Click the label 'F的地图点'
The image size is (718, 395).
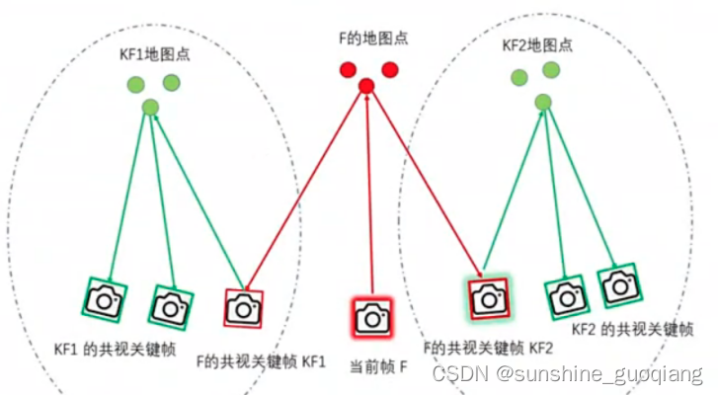tap(369, 39)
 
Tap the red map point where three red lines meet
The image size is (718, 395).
tap(366, 86)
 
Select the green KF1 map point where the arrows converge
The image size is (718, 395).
tap(150, 107)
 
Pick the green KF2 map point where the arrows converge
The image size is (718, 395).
tap(542, 102)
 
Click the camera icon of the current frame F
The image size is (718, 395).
tap(371, 317)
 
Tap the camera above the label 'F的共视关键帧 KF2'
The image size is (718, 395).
tap(488, 296)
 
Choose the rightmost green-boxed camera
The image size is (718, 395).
tap(618, 285)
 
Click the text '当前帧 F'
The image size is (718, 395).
tap(378, 366)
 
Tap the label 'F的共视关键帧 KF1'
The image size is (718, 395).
tap(262, 361)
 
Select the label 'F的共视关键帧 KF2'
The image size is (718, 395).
tap(488, 347)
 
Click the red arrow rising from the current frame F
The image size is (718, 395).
tap(368, 197)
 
